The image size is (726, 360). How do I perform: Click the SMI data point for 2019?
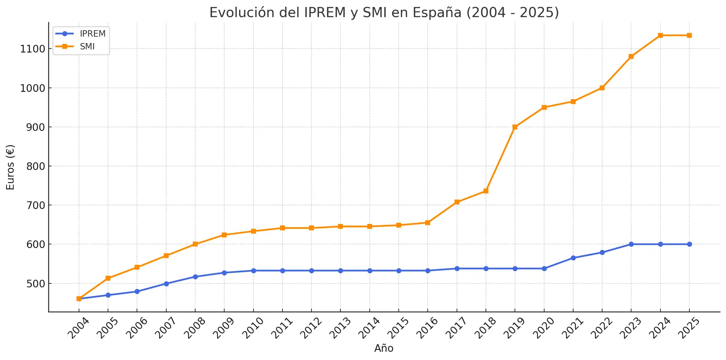pos(515,127)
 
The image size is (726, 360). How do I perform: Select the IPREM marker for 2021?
pos(573,258)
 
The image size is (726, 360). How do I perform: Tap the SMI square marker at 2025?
pos(689,36)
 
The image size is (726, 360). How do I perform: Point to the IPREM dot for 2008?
pos(195,277)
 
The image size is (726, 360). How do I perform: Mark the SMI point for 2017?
pos(457,202)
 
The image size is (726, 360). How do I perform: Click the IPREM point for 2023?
pos(631,244)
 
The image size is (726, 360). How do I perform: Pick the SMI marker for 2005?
pos(108,278)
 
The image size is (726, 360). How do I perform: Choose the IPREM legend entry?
pos(92,34)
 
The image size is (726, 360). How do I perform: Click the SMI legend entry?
pos(87,47)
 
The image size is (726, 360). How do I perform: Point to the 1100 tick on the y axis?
pos(33,49)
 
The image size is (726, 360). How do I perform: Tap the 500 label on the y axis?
pos(35,284)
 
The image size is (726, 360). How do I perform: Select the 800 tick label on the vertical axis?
pos(35,166)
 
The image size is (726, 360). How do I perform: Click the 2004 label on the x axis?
pos(78,328)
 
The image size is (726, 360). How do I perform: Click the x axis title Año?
pos(384,348)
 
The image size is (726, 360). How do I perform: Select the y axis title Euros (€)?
pos(10,167)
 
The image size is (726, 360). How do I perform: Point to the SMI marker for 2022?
pos(602,88)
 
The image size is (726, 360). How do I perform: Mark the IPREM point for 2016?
pos(428,271)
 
